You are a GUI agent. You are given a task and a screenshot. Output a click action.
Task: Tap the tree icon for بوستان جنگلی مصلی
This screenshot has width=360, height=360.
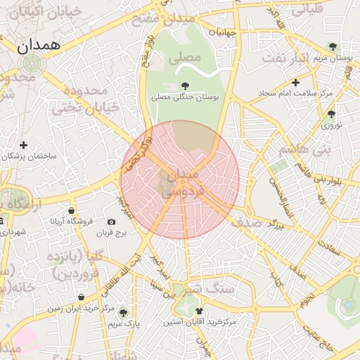click(x=185, y=86)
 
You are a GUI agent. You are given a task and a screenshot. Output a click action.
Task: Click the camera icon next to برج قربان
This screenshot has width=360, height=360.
click(x=111, y=222)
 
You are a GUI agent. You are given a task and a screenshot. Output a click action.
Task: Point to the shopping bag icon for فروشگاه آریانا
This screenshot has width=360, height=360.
click(x=72, y=211)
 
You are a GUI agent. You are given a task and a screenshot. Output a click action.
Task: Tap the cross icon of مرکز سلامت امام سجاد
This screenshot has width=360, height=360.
click(x=295, y=82)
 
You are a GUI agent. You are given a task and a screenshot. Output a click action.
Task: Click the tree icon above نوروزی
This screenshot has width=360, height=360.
click(x=331, y=114)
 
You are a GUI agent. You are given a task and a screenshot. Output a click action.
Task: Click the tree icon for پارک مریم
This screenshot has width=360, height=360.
click(x=124, y=313)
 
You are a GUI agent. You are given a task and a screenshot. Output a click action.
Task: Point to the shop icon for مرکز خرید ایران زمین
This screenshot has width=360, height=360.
click(x=82, y=297)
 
